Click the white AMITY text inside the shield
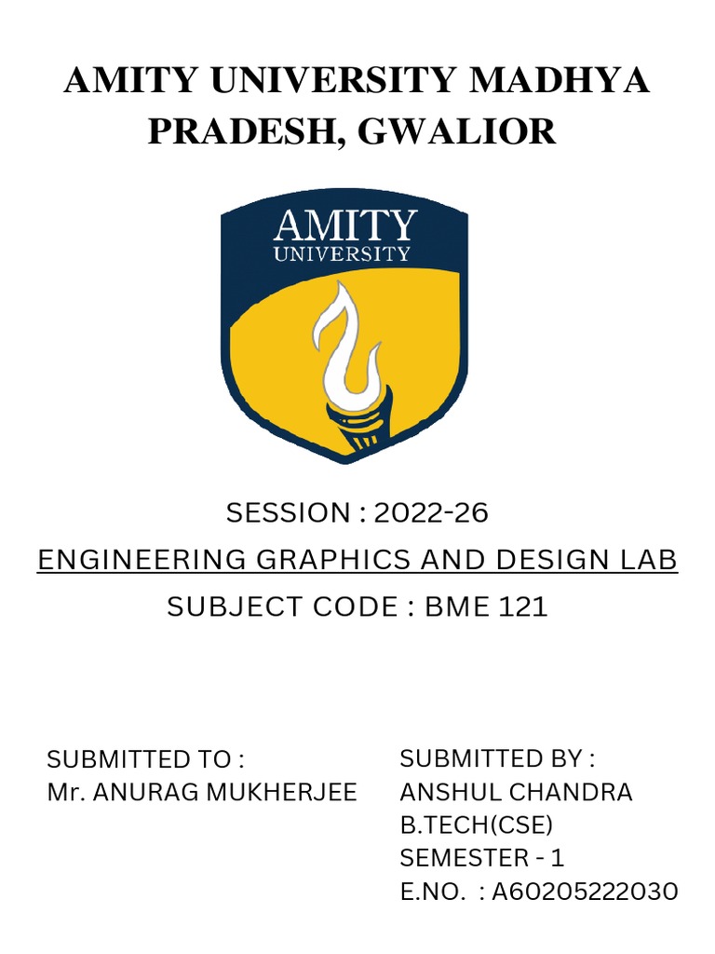click(344, 226)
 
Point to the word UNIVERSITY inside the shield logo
click(342, 253)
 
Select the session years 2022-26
click(431, 512)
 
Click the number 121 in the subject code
click(522, 607)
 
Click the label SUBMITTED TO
click(145, 758)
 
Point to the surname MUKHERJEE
click(293, 792)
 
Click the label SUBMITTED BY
click(498, 758)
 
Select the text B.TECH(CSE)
click(476, 825)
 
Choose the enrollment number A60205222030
click(585, 892)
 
